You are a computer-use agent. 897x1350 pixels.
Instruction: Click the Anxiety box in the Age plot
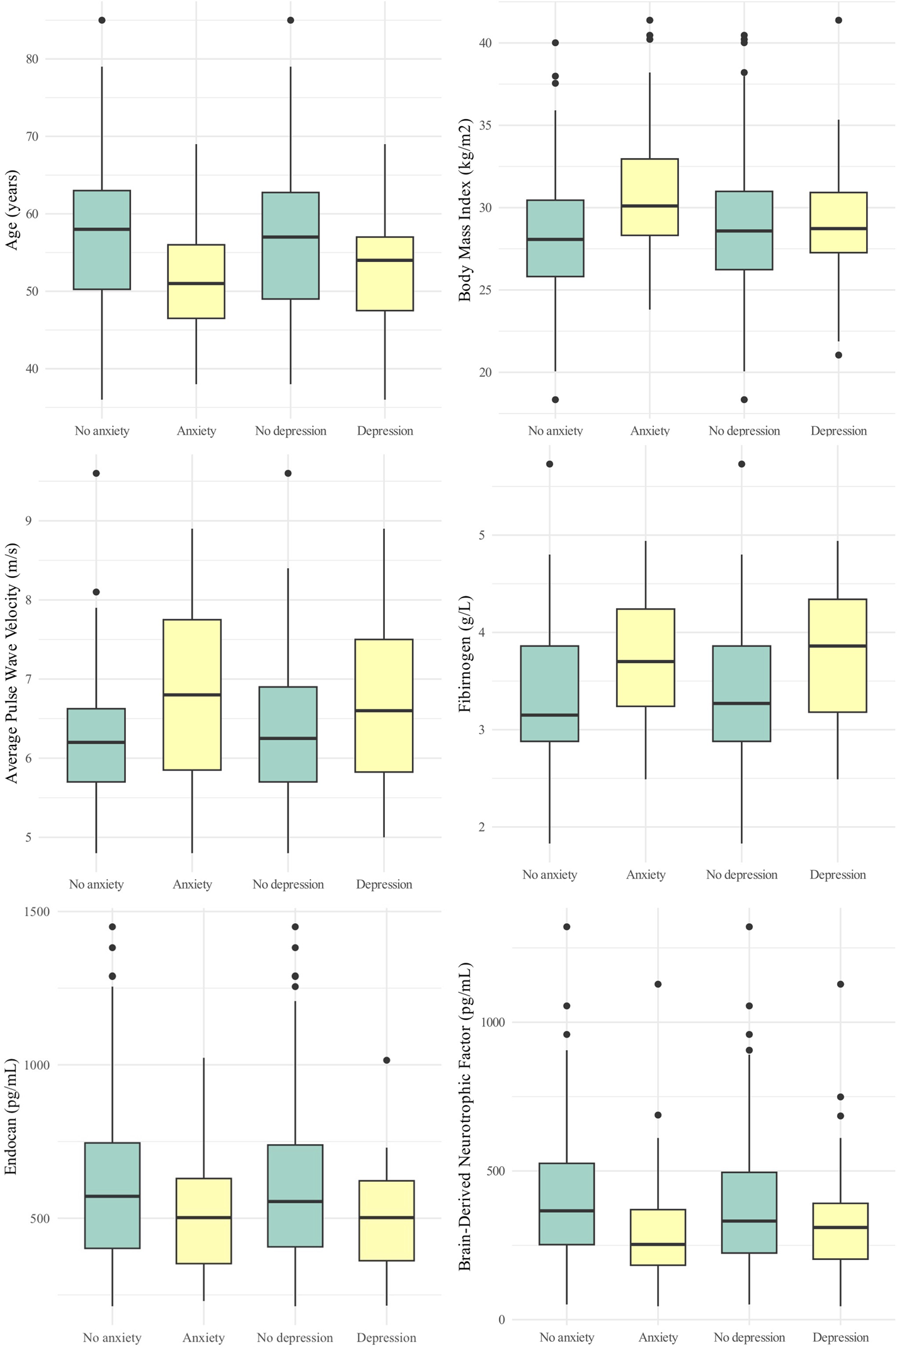pos(196,281)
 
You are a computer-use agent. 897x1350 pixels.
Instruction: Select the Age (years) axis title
pos(11,210)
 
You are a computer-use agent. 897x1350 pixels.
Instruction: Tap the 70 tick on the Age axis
pos(31,136)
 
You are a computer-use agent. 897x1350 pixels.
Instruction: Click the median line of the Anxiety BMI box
pos(649,206)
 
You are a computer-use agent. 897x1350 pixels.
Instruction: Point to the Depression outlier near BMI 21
pos(838,355)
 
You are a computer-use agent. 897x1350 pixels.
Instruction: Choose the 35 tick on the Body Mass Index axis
pos(485,125)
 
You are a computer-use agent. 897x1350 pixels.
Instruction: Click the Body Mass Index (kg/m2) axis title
pos(465,210)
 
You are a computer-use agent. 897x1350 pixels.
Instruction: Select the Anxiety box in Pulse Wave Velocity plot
pos(192,695)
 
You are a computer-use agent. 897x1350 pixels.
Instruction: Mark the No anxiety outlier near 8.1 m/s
pos(96,592)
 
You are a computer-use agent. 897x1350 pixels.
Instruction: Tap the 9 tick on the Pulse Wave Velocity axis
pos(28,521)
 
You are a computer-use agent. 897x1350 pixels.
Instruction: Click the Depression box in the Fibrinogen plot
pos(837,655)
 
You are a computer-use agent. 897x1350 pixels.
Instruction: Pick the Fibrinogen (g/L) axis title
pos(465,654)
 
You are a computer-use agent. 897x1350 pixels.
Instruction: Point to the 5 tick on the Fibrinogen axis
pos(482,535)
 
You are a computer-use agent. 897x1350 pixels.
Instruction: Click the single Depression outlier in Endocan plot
pos(386,1060)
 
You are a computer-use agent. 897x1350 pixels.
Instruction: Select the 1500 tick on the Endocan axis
pos(37,911)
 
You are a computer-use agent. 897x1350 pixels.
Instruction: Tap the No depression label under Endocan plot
pos(294,1337)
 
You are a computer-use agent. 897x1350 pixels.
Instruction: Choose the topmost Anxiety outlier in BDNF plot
pos(658,984)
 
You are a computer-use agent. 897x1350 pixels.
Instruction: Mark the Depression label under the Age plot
pos(384,431)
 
